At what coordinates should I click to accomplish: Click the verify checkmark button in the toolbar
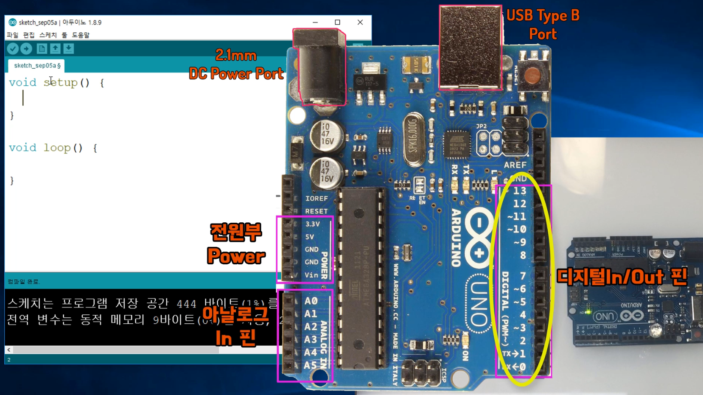(x=13, y=49)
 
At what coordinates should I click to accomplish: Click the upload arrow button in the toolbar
(x=26, y=49)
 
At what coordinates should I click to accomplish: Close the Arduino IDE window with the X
(x=360, y=22)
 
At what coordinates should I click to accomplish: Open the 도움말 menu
(x=81, y=35)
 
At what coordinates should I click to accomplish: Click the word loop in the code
(x=57, y=148)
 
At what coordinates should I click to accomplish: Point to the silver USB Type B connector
(x=470, y=47)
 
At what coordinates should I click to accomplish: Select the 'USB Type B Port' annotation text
(x=543, y=25)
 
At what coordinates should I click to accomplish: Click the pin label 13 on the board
(x=520, y=191)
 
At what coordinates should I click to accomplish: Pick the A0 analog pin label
(x=311, y=301)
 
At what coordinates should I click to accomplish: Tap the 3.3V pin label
(x=313, y=224)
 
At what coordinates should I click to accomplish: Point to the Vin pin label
(x=311, y=275)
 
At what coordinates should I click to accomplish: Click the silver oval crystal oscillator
(x=414, y=139)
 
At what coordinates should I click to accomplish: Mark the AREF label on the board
(x=515, y=165)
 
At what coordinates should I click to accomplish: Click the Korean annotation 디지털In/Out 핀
(x=622, y=277)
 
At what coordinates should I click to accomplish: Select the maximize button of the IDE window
(x=337, y=22)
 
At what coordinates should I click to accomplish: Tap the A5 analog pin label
(x=311, y=365)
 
